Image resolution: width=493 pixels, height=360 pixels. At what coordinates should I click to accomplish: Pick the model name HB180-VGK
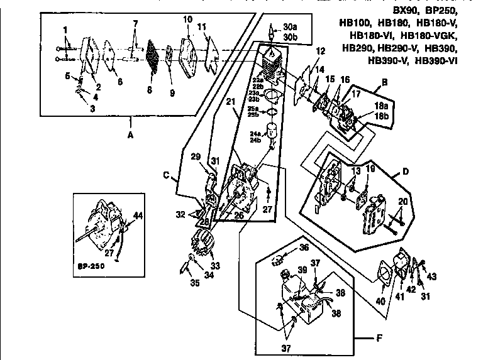click(428, 36)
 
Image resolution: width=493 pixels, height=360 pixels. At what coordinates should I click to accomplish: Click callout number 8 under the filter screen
click(149, 90)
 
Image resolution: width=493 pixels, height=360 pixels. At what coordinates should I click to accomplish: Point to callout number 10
click(187, 19)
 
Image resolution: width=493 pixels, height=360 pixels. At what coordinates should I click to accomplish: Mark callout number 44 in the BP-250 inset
click(138, 215)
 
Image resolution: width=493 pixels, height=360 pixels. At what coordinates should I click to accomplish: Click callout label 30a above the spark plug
click(290, 27)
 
